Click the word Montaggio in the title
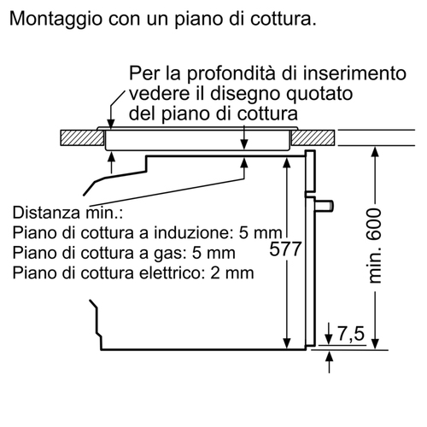click(x=56, y=20)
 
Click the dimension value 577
click(x=285, y=249)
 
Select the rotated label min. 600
click(x=374, y=246)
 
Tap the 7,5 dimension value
click(x=351, y=333)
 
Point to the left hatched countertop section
click(x=82, y=137)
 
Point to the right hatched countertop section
click(x=313, y=137)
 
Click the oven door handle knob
click(x=325, y=206)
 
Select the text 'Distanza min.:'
click(x=67, y=213)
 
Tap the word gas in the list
click(x=170, y=254)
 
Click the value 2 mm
click(x=232, y=272)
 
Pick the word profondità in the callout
click(x=231, y=73)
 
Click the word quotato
click(x=319, y=94)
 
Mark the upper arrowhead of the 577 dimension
click(x=287, y=162)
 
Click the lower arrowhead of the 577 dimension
click(x=287, y=343)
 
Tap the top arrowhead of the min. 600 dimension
click(x=376, y=152)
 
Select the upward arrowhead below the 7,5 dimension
click(x=329, y=357)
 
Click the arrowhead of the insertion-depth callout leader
click(x=111, y=124)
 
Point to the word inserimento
click(x=354, y=73)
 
